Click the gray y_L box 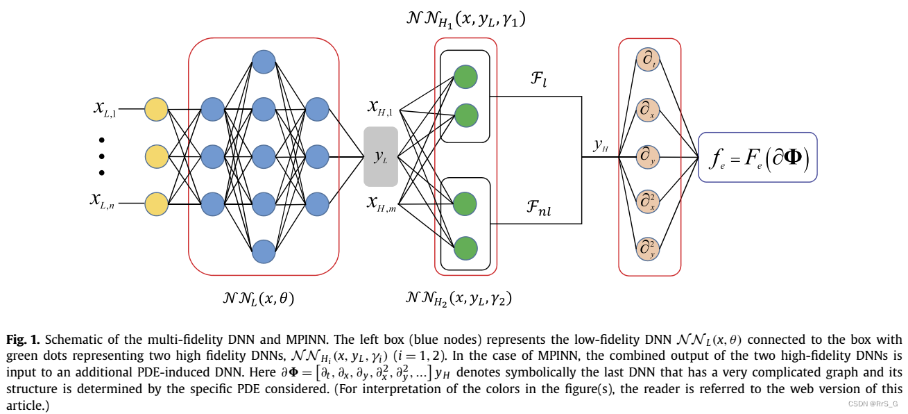tap(381, 157)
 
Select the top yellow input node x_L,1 tap(156, 110)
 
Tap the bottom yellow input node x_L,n tap(156, 204)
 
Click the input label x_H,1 tap(380, 107)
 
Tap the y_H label tap(601, 145)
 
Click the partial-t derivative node tap(649, 61)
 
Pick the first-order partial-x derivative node tap(649, 109)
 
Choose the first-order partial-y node tap(649, 157)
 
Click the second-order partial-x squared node tap(649, 201)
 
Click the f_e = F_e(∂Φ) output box tap(757, 157)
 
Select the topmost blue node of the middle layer tap(264, 63)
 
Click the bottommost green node tap(465, 247)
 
